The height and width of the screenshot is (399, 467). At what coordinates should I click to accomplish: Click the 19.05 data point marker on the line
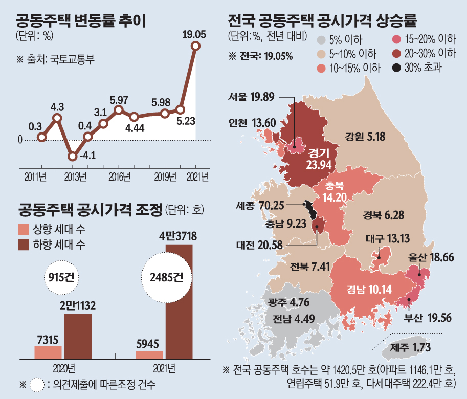[195, 46]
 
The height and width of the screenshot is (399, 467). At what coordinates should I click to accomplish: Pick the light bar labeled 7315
[48, 352]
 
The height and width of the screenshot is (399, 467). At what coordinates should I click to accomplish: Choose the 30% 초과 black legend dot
[396, 67]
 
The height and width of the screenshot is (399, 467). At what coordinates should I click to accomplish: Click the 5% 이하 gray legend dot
[321, 40]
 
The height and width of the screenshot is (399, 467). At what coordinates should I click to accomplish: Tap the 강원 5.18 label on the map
[364, 137]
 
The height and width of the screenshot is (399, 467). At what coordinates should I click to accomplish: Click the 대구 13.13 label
[388, 238]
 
